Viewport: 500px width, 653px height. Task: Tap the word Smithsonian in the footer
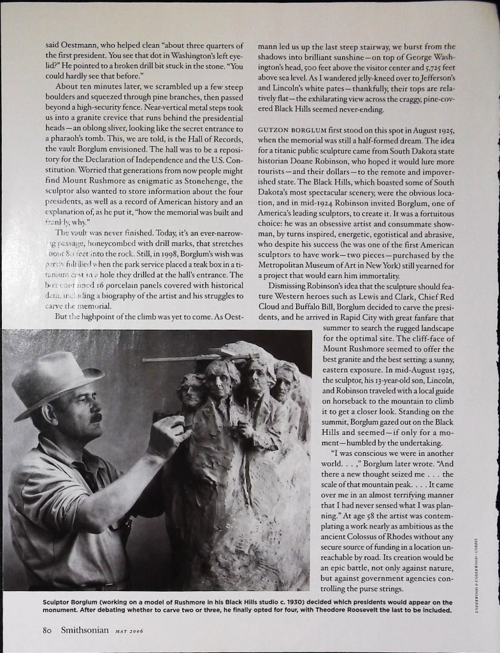[82, 631]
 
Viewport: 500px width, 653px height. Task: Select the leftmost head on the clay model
[192, 390]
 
